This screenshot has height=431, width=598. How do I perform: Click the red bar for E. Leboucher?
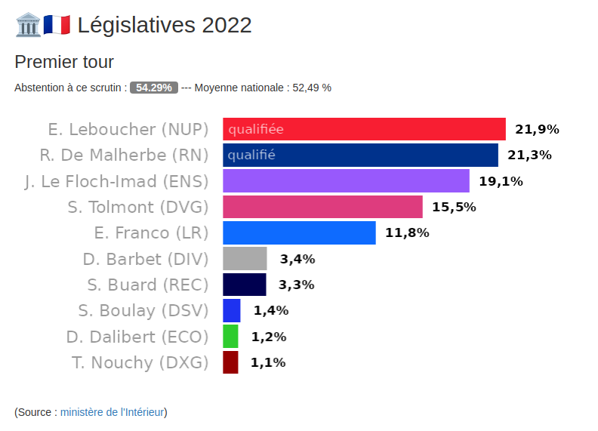[364, 129]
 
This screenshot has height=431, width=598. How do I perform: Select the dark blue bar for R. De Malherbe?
[360, 155]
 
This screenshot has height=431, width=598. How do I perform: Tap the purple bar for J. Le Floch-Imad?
[346, 181]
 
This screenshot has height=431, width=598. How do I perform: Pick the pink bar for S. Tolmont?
[322, 207]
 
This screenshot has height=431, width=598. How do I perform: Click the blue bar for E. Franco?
[299, 232]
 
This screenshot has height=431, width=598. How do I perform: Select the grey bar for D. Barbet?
[245, 259]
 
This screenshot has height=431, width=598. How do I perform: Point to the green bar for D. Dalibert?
[230, 337]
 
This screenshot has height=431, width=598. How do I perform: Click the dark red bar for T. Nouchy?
[230, 362]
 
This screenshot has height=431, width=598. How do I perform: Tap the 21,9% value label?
[537, 129]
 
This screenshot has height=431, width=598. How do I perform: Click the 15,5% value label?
[454, 207]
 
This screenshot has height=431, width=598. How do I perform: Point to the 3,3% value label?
[297, 285]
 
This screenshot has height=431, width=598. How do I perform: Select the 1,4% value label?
[271, 310]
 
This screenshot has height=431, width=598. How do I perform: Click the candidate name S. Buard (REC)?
[148, 285]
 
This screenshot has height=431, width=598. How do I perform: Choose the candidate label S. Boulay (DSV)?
[143, 310]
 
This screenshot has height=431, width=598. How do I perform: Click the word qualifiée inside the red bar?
[256, 129]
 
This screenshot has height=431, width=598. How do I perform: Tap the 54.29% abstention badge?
[154, 88]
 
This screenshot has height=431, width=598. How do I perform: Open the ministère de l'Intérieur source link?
[113, 412]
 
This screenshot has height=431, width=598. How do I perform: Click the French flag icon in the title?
[57, 25]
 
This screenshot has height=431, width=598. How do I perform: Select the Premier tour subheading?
[64, 62]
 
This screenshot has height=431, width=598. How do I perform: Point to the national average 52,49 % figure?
[312, 88]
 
